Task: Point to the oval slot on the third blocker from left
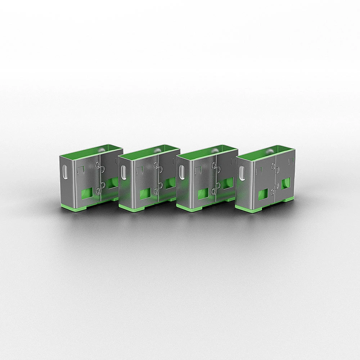coord(182,172)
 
